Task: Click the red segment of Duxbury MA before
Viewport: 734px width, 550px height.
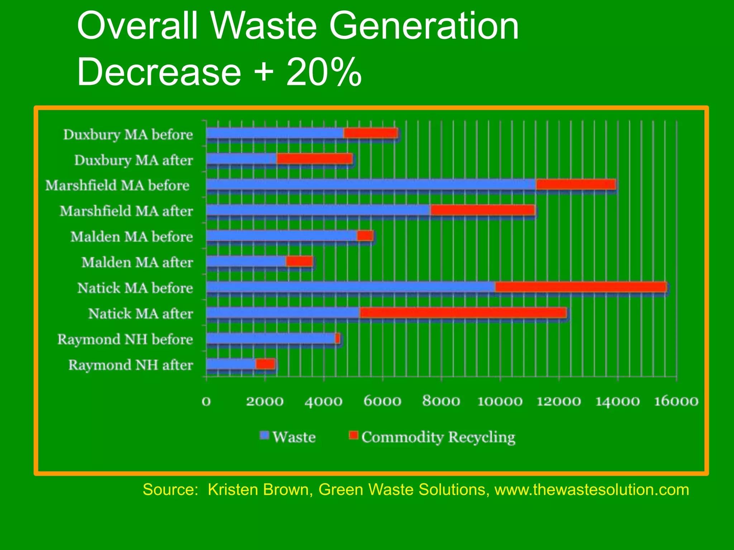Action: point(370,133)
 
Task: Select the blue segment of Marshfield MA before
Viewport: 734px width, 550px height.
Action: point(371,184)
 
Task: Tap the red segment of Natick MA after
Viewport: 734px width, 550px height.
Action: point(463,313)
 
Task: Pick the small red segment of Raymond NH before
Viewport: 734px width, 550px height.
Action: point(338,338)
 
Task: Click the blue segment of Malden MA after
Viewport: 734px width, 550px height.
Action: point(246,262)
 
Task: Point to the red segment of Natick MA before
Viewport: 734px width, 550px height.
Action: point(581,287)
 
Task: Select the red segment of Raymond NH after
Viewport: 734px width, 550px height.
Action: point(265,364)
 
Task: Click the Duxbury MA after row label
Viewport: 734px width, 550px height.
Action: point(133,160)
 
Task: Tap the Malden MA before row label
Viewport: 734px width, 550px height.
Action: point(132,237)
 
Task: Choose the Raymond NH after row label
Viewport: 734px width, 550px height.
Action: point(130,365)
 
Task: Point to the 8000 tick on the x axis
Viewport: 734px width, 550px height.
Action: point(441,401)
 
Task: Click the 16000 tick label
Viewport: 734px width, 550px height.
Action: point(676,401)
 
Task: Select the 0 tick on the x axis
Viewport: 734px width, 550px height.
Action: point(206,401)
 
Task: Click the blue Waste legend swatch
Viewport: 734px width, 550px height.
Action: point(264,435)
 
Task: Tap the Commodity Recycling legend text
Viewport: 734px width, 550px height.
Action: point(438,437)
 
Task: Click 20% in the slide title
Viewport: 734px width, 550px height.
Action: point(324,72)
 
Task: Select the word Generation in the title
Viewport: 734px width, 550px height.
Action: point(424,26)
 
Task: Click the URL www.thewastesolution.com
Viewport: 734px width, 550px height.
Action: point(592,489)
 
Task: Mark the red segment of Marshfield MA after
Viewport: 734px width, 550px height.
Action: point(482,210)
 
